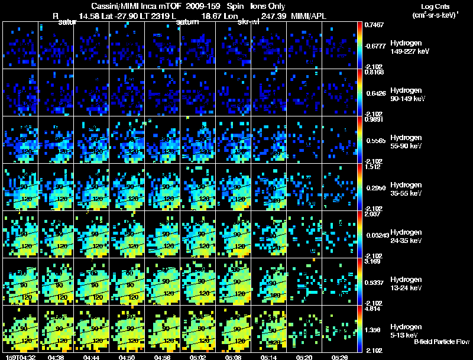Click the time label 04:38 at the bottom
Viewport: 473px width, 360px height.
coord(57,357)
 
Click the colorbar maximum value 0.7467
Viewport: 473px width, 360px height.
coord(375,25)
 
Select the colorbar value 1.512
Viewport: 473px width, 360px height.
coord(375,167)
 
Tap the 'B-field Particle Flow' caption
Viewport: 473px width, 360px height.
coord(442,342)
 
